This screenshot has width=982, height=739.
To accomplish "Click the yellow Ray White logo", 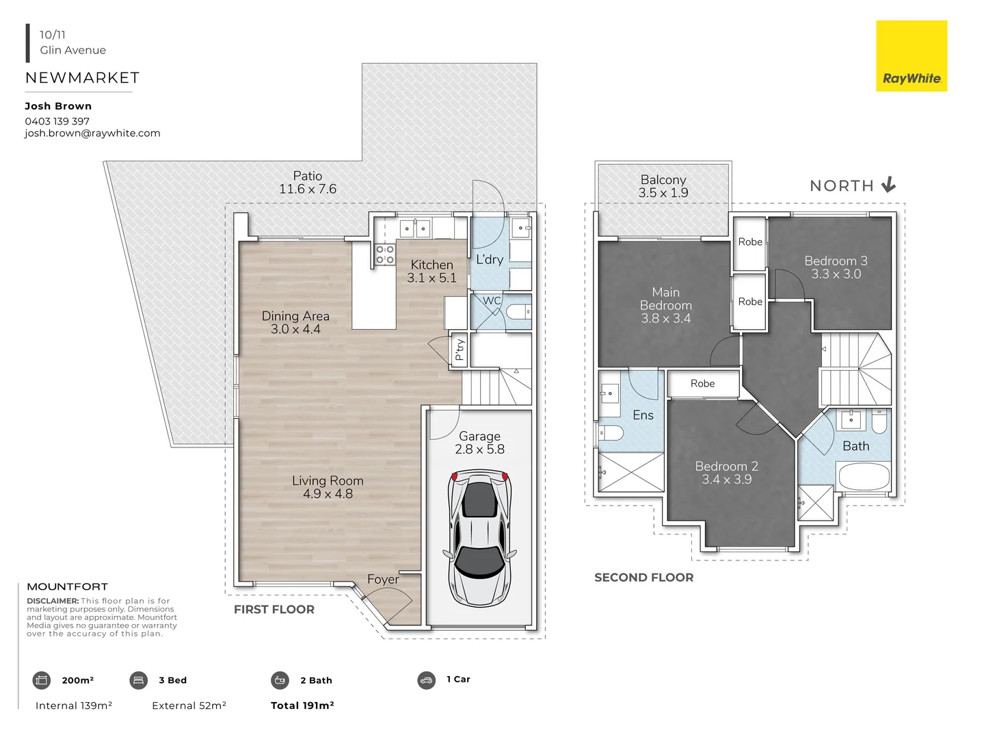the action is click(912, 56).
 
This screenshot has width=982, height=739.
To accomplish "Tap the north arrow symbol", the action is click(888, 185).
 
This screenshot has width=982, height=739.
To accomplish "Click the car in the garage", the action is click(479, 538).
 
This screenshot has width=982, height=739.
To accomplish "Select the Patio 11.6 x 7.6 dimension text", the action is click(308, 189).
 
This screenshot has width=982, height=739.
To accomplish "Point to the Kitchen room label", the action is click(432, 265).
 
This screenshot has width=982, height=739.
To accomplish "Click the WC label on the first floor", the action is click(492, 300).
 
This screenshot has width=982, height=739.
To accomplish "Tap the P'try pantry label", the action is click(460, 350).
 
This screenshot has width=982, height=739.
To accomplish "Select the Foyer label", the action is click(383, 579).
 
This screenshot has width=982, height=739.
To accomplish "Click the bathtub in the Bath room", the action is click(864, 476).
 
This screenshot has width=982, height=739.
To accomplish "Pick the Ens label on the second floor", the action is click(643, 415).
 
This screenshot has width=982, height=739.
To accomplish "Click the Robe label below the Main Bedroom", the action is click(702, 383).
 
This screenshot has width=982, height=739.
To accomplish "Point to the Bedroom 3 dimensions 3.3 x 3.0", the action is click(836, 274).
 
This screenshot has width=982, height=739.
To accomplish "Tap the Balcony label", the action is click(663, 179).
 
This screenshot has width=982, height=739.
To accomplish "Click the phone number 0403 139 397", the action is click(57, 121).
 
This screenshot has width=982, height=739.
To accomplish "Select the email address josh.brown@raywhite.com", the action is click(92, 133).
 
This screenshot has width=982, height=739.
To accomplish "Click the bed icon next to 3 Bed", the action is click(138, 680).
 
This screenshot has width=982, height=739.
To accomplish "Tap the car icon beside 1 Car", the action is click(426, 680).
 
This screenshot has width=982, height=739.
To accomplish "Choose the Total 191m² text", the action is click(302, 705).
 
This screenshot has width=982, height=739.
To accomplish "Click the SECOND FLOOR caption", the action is click(643, 578).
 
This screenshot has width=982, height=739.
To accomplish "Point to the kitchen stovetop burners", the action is click(385, 255).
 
